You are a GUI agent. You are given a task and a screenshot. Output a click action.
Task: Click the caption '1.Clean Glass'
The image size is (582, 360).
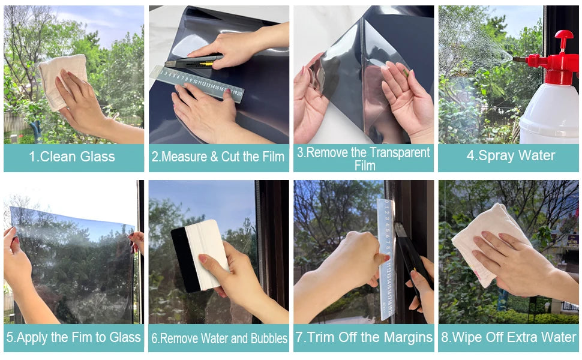(x=72, y=157)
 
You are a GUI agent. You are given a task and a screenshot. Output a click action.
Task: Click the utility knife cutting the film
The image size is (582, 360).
(x=193, y=61)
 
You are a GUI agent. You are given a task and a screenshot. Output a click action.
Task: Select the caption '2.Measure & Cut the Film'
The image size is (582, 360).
(x=218, y=157)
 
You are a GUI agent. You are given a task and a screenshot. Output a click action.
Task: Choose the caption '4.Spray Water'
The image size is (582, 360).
(x=511, y=156)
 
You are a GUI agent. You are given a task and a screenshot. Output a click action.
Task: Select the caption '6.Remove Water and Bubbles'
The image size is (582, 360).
(x=219, y=338)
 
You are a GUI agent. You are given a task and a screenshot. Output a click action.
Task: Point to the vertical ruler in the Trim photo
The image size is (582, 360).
(x=386, y=258)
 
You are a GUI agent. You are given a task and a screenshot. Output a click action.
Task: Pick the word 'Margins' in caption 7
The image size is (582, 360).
(x=406, y=337)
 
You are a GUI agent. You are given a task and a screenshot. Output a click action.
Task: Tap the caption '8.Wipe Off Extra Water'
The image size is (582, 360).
(x=509, y=337)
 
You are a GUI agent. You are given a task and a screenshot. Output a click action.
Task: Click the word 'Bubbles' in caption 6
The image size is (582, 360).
(x=266, y=338)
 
